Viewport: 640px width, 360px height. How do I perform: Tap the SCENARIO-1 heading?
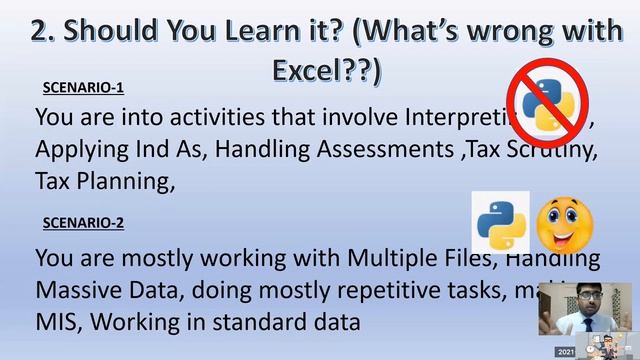(83, 87)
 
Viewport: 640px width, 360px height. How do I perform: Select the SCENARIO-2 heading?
(83, 223)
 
